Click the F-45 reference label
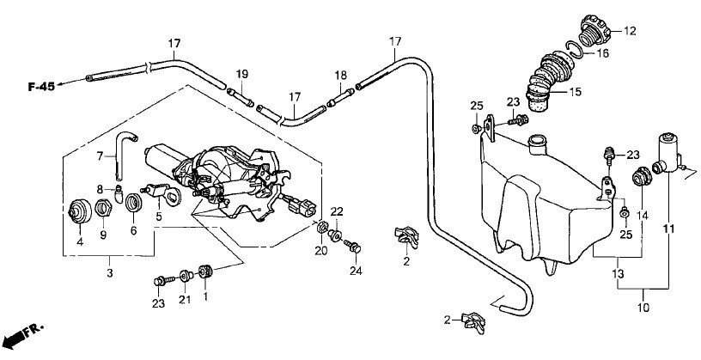pyautogui.click(x=41, y=87)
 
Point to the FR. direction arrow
pyautogui.click(x=22, y=335)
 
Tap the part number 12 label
pyautogui.click(x=630, y=31)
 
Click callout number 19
pyautogui.click(x=242, y=74)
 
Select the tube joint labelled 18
pyautogui.click(x=340, y=97)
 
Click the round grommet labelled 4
pyautogui.click(x=80, y=211)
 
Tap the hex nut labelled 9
pyautogui.click(x=103, y=208)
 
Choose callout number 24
pyautogui.click(x=356, y=271)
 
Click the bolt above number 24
pyautogui.click(x=352, y=246)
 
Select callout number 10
pyautogui.click(x=643, y=308)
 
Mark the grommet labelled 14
pyautogui.click(x=642, y=176)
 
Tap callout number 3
pyautogui.click(x=110, y=273)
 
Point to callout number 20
pyautogui.click(x=321, y=251)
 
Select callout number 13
pyautogui.click(x=618, y=273)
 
